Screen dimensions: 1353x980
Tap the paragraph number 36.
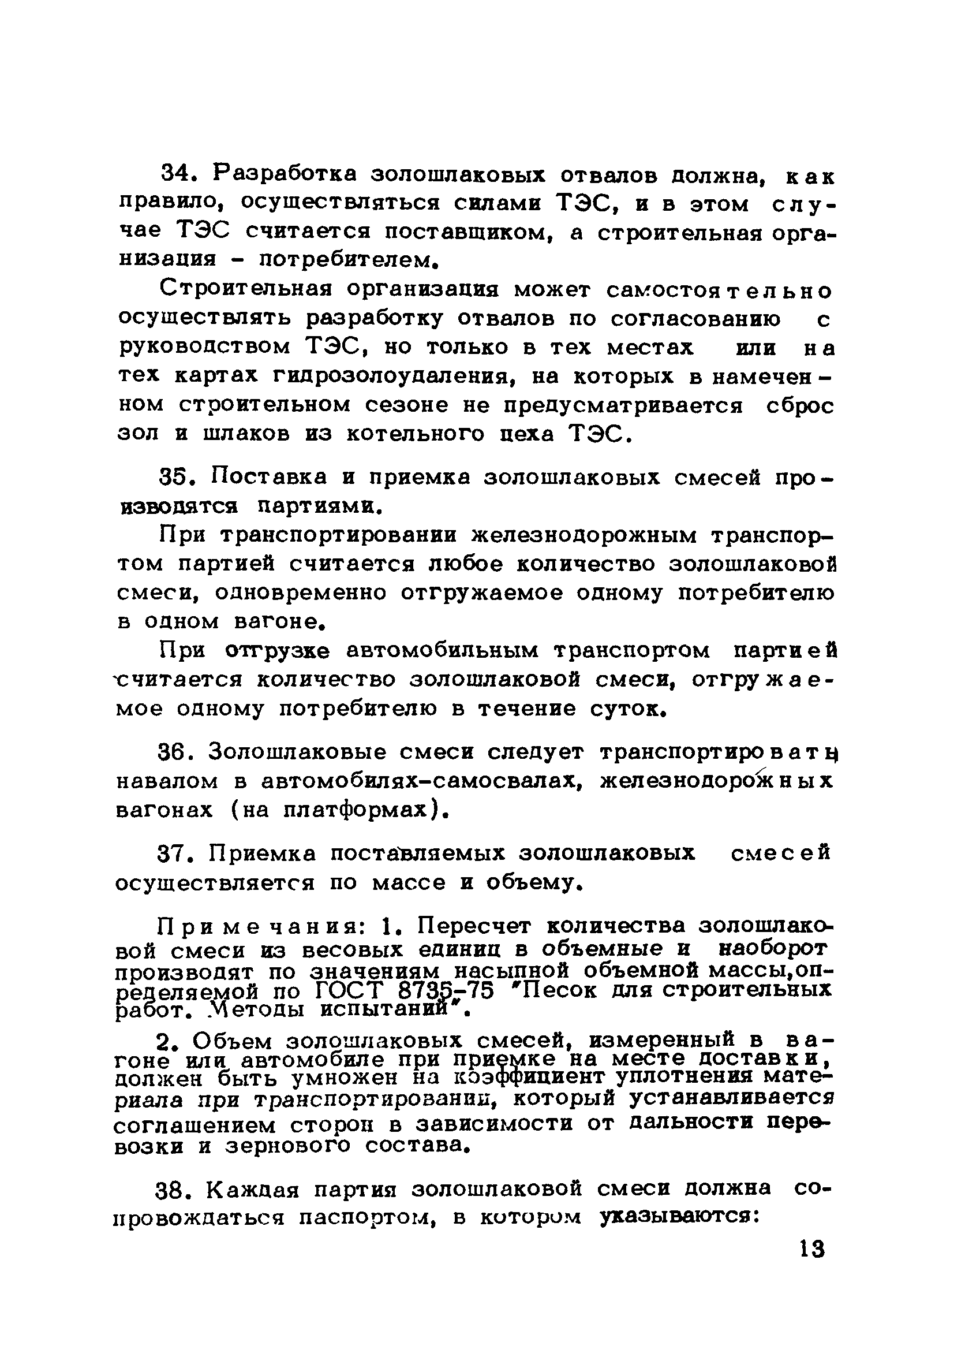pos(176,753)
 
